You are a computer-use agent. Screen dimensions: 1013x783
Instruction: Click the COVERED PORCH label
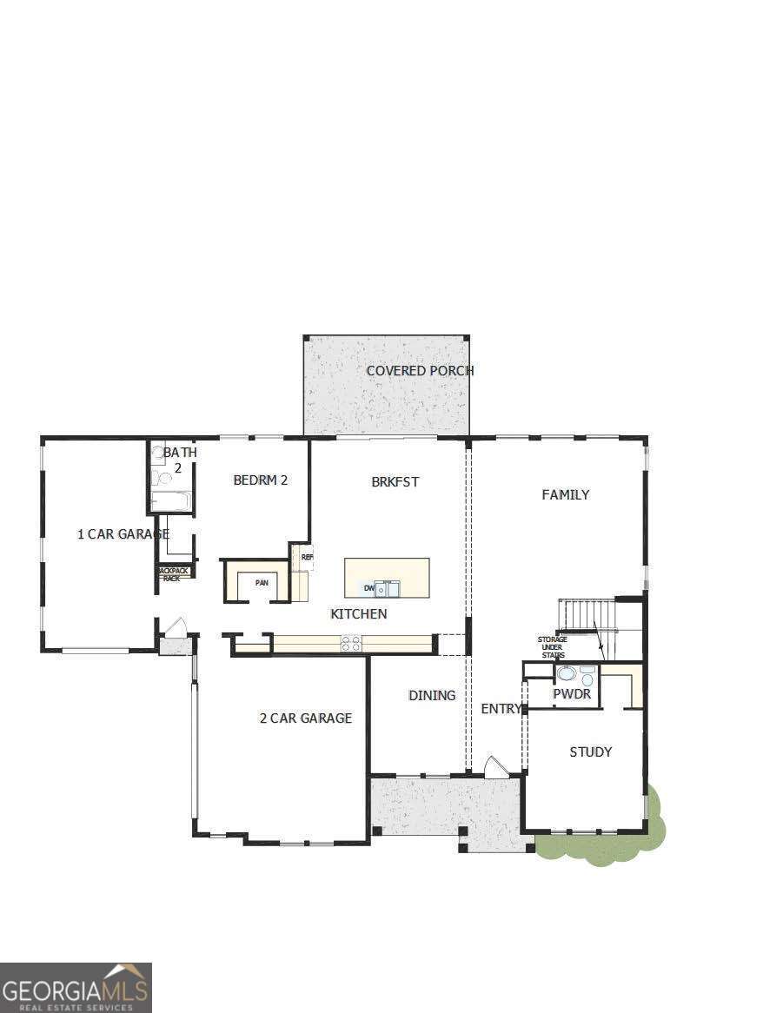point(420,371)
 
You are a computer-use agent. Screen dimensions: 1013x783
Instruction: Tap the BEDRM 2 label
point(260,480)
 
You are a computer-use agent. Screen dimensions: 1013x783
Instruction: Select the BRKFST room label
point(395,481)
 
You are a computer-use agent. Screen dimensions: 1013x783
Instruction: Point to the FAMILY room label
point(566,494)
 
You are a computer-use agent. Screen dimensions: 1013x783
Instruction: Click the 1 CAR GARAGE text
point(123,534)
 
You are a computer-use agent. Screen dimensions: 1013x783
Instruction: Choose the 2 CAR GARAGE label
point(306,718)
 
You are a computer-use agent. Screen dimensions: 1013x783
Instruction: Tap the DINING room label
point(432,695)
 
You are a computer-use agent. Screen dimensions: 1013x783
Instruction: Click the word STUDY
point(591,751)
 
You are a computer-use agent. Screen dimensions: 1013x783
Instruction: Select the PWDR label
point(572,694)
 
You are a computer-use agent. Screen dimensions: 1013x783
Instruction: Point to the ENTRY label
point(501,709)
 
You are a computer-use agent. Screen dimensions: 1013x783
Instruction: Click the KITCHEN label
point(359,614)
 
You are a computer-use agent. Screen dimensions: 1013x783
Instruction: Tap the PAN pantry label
point(262,582)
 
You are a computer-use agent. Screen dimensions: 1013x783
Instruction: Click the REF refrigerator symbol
point(307,557)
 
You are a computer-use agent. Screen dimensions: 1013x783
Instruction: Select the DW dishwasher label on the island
point(368,589)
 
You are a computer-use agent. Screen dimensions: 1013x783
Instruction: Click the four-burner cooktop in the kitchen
point(351,643)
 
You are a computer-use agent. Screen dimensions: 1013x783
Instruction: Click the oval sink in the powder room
point(567,673)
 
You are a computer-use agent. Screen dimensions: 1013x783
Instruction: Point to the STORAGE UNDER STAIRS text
point(552,647)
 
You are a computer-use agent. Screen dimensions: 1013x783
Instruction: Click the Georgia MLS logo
point(76,987)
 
